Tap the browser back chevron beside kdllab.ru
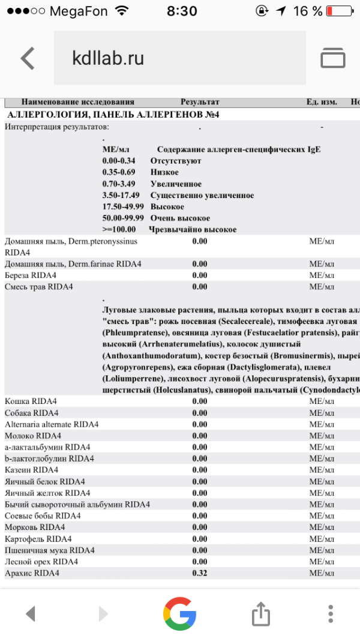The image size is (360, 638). (28, 58)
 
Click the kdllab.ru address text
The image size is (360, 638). (108, 58)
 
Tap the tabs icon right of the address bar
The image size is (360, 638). (333, 58)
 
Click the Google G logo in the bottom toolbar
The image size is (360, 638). (180, 613)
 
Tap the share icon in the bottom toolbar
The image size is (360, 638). (260, 613)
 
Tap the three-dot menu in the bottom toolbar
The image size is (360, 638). (331, 613)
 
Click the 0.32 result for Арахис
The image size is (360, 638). (200, 573)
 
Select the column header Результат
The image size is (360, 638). (200, 102)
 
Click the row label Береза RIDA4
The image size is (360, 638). (30, 275)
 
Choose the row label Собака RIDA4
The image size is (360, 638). (32, 413)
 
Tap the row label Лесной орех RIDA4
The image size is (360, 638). (41, 562)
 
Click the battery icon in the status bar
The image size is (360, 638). (342, 11)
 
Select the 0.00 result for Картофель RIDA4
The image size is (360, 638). (200, 539)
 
